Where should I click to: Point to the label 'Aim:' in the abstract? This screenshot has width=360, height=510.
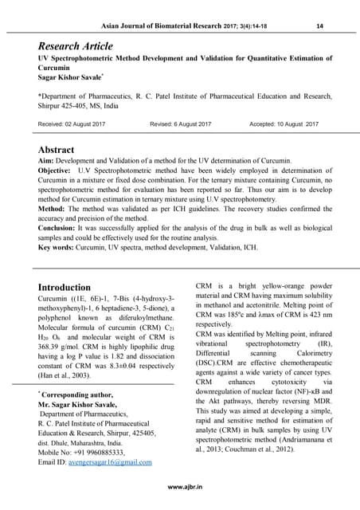pos(48,162)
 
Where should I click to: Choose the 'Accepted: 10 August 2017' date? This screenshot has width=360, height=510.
pos(284,124)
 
